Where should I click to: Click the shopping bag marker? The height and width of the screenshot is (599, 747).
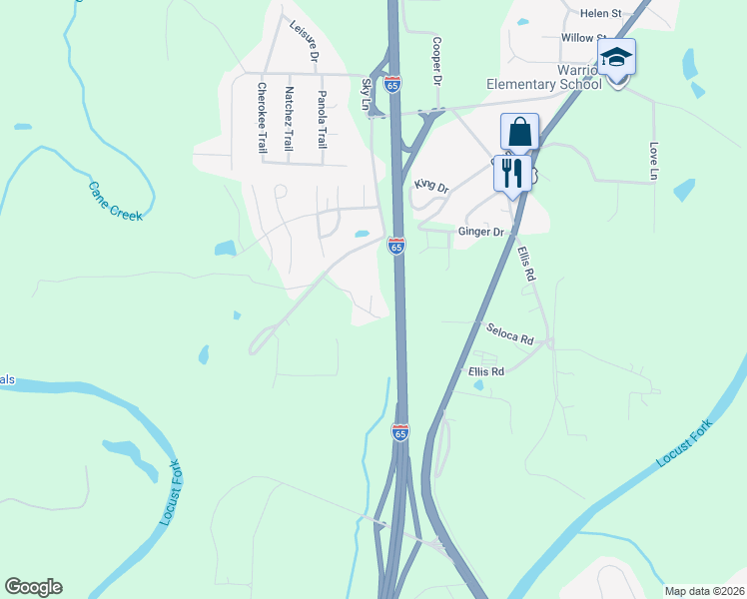(519, 132)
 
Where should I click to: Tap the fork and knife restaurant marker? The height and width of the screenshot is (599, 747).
(511, 174)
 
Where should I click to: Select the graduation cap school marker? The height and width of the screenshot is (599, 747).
(616, 58)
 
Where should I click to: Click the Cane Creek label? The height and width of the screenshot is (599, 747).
(116, 201)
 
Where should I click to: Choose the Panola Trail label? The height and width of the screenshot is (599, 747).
(322, 118)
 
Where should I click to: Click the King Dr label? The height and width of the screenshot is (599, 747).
(431, 186)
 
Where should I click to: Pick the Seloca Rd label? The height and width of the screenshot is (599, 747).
(510, 333)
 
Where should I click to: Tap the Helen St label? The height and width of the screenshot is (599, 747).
(601, 13)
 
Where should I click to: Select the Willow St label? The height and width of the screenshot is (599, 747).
(582, 38)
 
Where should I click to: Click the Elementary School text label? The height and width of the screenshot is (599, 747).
(543, 84)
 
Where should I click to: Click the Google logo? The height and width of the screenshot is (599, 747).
(33, 587)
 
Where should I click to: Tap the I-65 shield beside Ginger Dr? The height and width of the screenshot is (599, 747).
(396, 246)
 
